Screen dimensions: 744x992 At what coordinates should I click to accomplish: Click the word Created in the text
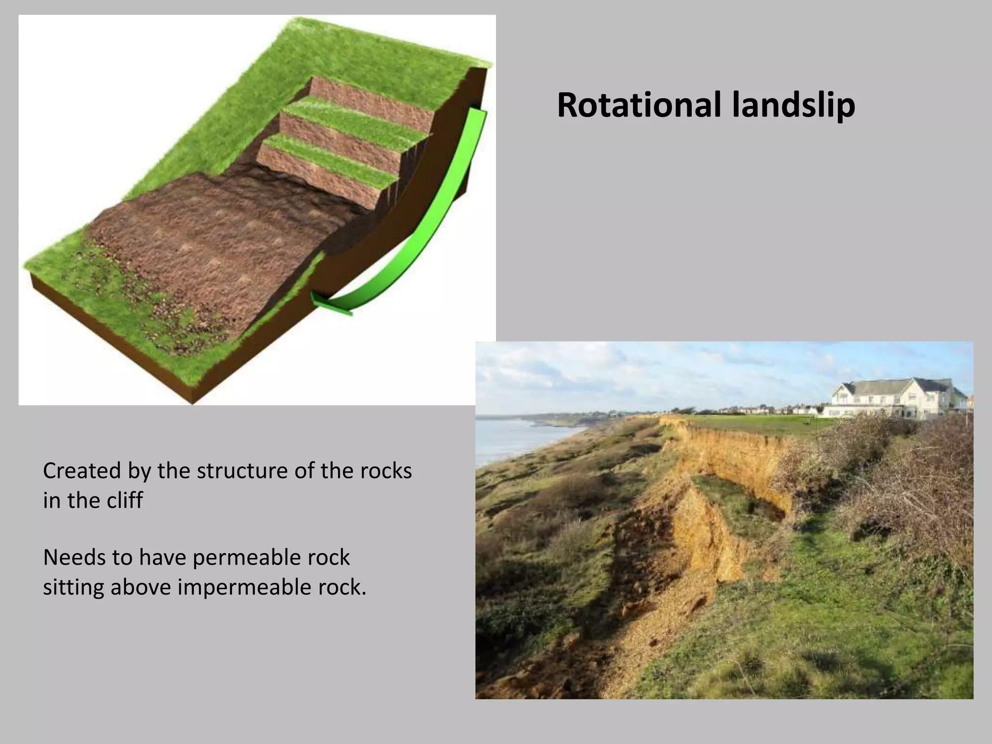coord(81,471)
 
